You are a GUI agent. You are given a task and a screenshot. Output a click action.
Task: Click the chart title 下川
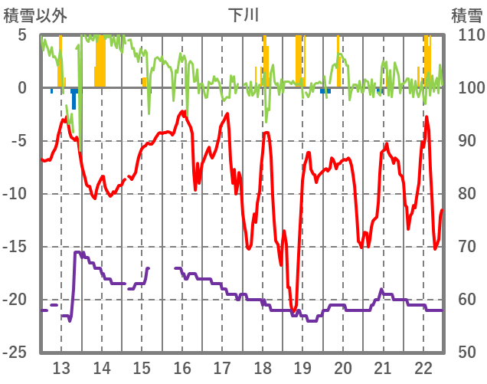coord(243,15)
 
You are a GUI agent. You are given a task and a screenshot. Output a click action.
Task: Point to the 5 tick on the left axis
coord(22,35)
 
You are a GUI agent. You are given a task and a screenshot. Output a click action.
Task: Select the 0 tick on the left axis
coord(22,88)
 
